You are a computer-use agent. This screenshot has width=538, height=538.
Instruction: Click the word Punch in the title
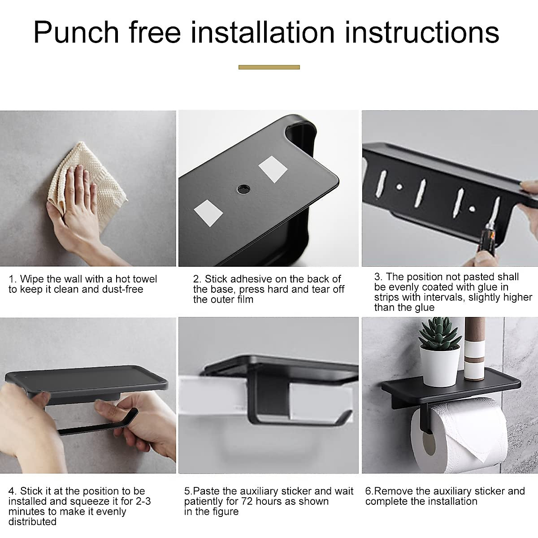[x=76, y=33]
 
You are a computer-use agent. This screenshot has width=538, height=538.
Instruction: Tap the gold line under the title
[x=269, y=67]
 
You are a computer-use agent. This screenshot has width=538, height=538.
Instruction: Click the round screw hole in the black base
[x=243, y=188]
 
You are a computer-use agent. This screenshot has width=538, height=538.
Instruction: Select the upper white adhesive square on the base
[x=273, y=169]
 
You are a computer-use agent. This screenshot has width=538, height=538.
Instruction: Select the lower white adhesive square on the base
[x=208, y=212]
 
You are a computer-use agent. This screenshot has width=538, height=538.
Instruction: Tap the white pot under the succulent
[x=440, y=365]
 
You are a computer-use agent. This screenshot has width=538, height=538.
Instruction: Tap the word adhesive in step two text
[x=251, y=279]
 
